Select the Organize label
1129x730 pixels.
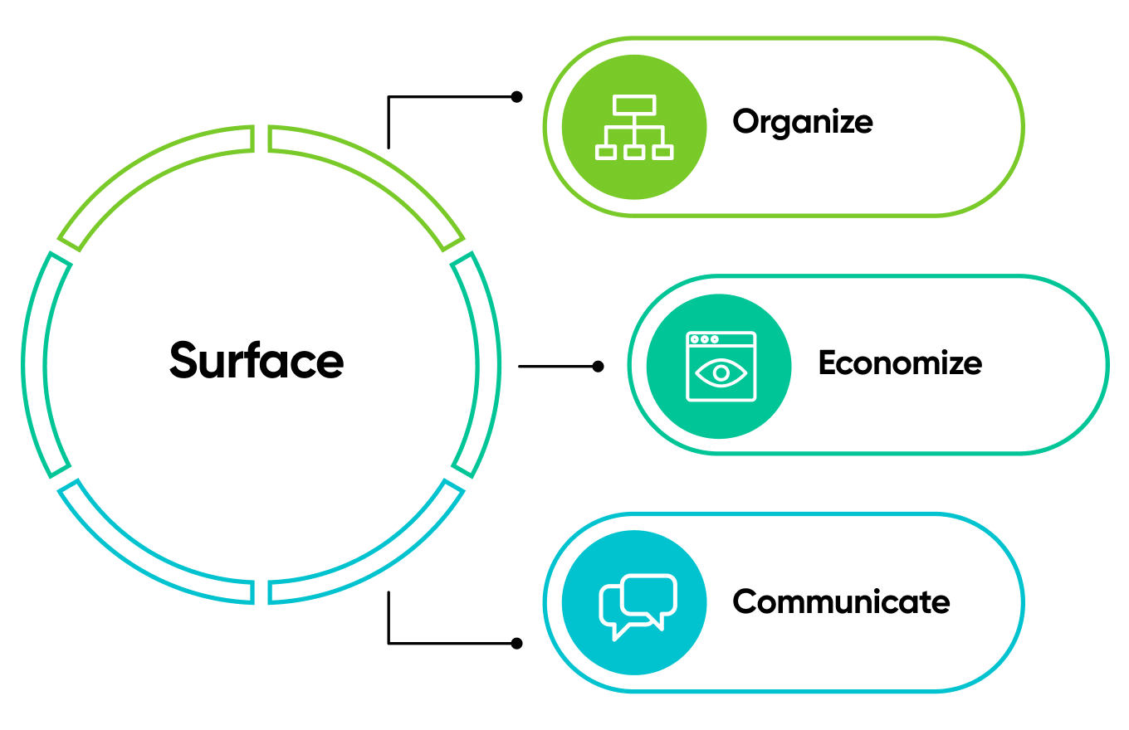coord(802,122)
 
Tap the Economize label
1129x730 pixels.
coord(900,363)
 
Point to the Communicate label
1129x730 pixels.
coord(840,601)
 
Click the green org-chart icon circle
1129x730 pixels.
coord(634,127)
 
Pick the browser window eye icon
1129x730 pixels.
coord(721,366)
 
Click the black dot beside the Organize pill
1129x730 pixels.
coord(516,97)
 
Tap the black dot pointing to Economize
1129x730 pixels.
coord(598,366)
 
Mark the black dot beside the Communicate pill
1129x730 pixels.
coord(516,643)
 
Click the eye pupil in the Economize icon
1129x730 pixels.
coord(721,372)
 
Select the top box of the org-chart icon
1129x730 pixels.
coord(634,105)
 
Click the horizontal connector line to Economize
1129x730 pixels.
coord(556,366)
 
